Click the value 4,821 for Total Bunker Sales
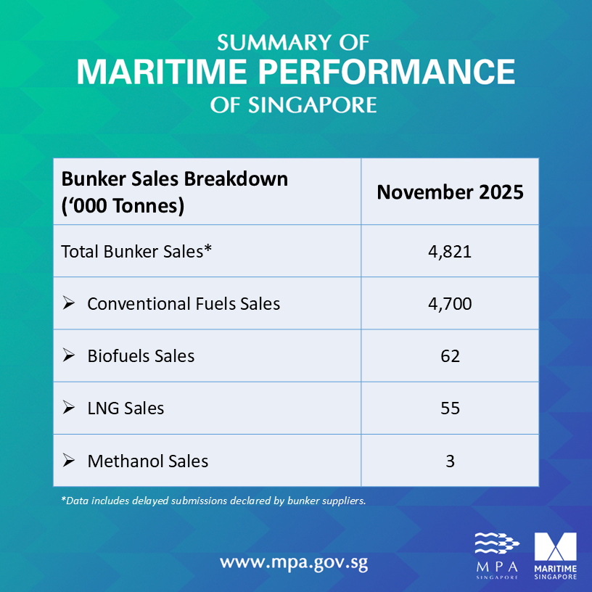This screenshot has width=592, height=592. point(450,252)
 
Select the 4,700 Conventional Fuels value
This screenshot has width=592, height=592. point(450,303)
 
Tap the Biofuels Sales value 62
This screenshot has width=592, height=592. point(450,355)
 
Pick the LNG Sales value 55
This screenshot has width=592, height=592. point(450,408)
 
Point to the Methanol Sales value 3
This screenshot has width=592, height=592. point(450,461)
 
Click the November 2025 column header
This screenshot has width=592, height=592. point(450,192)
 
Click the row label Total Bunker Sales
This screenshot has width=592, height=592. point(136,252)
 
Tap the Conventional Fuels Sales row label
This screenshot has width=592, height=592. point(183,303)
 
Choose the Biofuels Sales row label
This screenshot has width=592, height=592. point(141,355)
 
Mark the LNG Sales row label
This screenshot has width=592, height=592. point(126,408)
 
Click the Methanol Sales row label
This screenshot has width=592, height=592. point(147,461)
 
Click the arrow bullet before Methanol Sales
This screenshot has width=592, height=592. point(69,460)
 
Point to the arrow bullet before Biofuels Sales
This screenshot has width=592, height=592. point(69,355)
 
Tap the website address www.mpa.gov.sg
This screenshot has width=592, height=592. point(299,562)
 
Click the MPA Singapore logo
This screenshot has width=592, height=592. point(497,556)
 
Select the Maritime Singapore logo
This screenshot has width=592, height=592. point(555,556)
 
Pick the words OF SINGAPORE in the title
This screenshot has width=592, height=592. point(294,105)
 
